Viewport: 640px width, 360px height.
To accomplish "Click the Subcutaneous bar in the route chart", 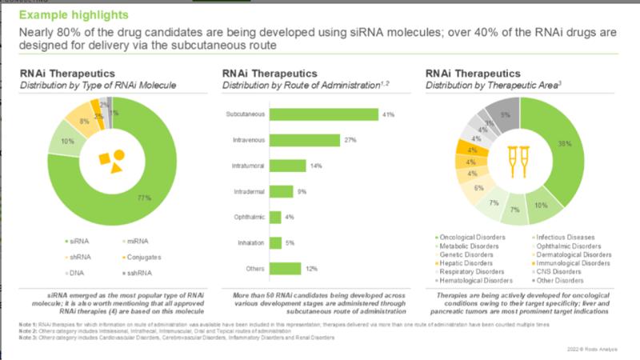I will [x=324, y=114].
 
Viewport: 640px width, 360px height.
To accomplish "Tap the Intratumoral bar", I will [x=288, y=166].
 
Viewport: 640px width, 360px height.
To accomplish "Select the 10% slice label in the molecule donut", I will [x=68, y=142].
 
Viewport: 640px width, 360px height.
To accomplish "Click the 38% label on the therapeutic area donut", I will [x=587, y=144].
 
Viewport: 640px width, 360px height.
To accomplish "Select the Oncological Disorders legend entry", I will [x=474, y=238].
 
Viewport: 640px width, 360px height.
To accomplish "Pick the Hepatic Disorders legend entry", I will [x=469, y=263].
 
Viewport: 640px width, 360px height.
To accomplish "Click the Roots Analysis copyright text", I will [x=596, y=349].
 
